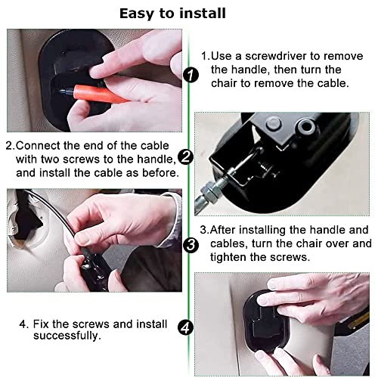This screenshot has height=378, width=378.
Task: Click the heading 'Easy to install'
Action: (x=172, y=14)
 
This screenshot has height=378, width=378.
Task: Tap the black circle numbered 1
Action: (x=191, y=75)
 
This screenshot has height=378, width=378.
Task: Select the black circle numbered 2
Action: (x=186, y=157)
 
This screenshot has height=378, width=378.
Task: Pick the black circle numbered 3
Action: (x=191, y=245)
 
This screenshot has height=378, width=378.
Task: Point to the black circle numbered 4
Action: (x=186, y=327)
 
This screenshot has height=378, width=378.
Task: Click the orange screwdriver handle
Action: (x=100, y=94)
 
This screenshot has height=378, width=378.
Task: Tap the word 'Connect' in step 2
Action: (x=38, y=146)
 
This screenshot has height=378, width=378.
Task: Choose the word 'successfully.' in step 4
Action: (x=67, y=336)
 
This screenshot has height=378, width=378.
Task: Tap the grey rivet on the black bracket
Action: (x=274, y=123)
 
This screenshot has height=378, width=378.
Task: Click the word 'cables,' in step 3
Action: (x=228, y=243)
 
